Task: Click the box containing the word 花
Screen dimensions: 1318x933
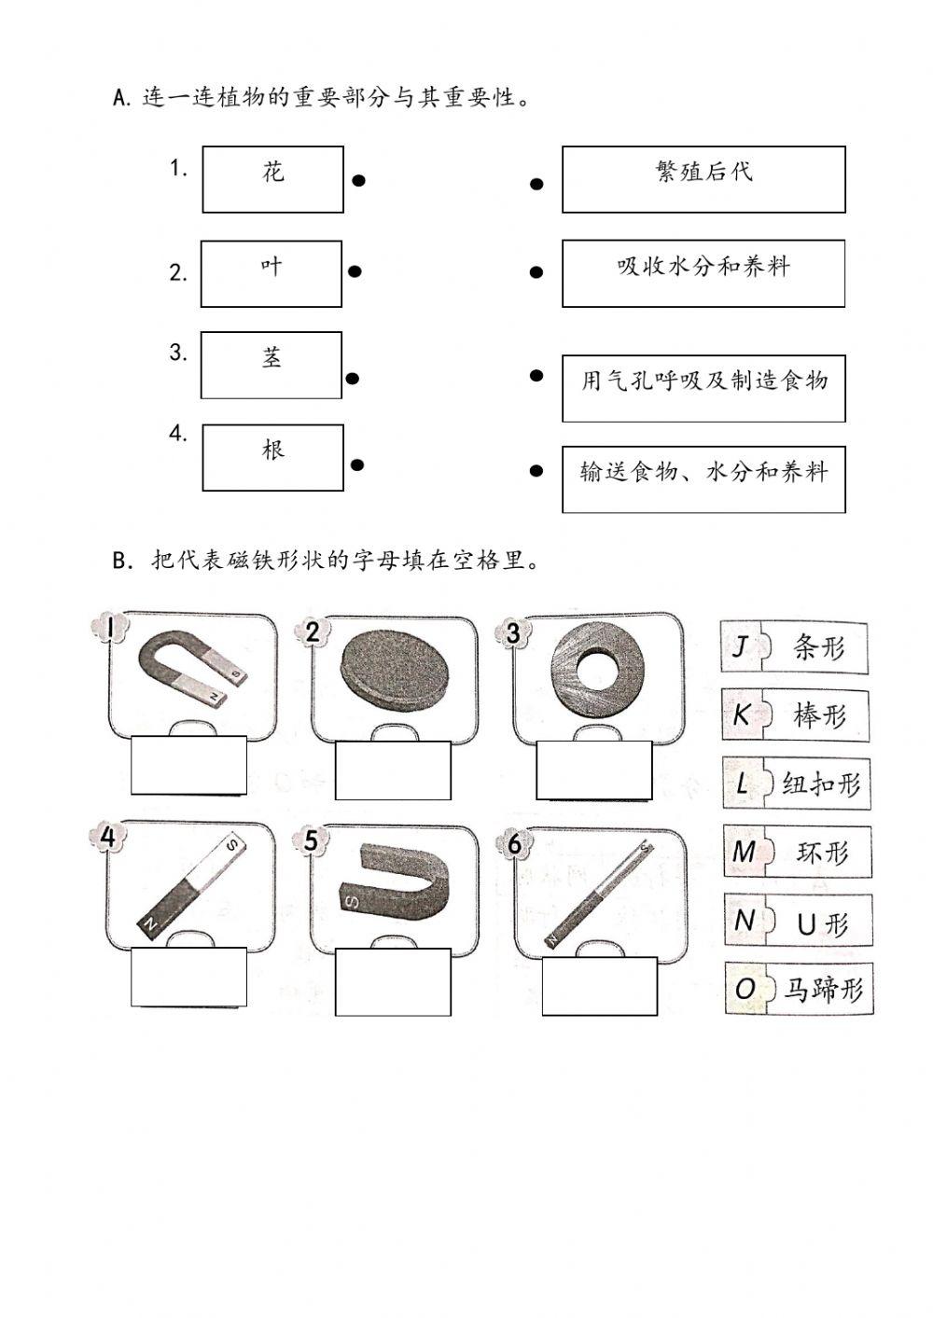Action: [x=272, y=179]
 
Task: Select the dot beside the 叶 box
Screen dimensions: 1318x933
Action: [x=354, y=272]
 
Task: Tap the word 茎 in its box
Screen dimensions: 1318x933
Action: [x=272, y=358]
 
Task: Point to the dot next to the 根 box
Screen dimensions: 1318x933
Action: [x=356, y=465]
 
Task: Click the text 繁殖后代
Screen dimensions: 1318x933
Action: [x=704, y=172]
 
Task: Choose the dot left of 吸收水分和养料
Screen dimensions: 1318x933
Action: [x=536, y=272]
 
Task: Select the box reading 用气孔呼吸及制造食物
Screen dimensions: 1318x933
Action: [x=703, y=387]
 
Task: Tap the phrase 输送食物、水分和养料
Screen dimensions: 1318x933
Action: [x=703, y=472]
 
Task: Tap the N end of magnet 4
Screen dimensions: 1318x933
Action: [x=149, y=923]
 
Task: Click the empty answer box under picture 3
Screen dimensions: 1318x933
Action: [x=594, y=770]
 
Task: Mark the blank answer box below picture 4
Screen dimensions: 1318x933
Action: [x=188, y=978]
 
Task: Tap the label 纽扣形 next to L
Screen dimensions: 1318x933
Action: [x=821, y=784]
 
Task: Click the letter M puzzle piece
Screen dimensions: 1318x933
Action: [x=745, y=852]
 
